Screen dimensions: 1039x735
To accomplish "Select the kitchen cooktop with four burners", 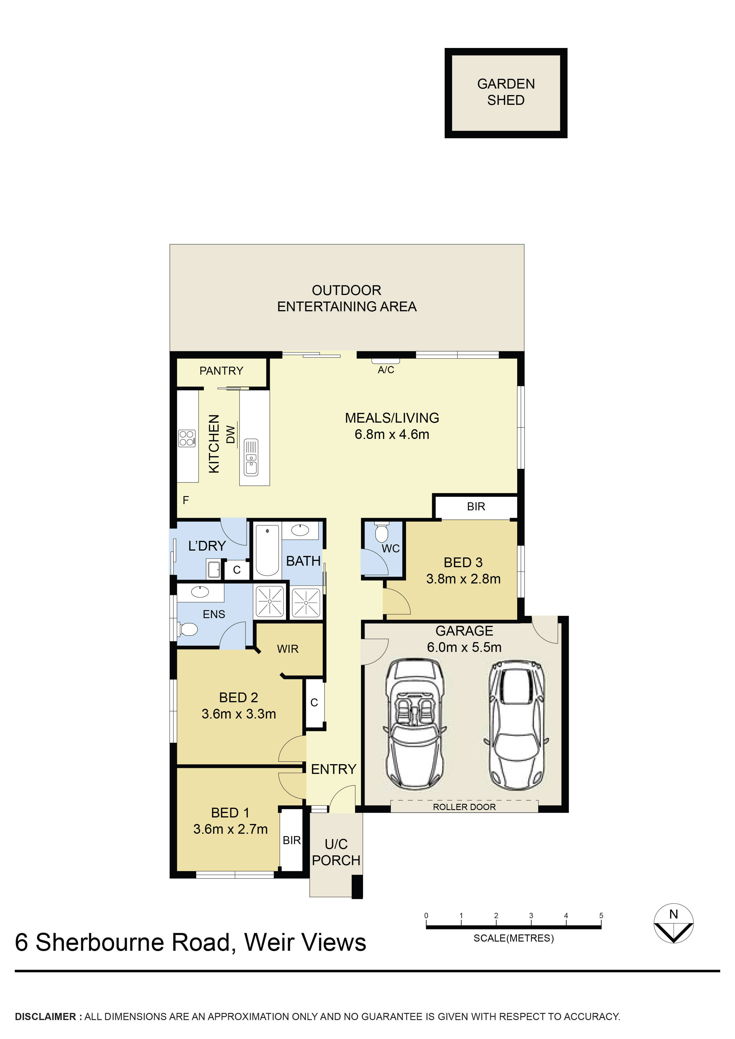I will click(187, 438).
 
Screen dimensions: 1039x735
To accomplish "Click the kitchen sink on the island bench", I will click(251, 457).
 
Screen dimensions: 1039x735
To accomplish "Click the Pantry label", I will click(221, 371).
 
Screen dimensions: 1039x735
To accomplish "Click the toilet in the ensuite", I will click(188, 629).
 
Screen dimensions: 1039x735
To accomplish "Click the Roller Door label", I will click(464, 807).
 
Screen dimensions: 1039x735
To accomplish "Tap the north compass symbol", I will click(673, 924).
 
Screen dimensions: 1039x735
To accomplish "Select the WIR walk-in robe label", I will click(287, 649).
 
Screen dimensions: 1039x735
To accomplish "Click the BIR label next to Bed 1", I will click(292, 840).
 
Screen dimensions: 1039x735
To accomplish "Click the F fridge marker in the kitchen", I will click(186, 500).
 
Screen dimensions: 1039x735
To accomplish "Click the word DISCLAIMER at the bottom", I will click(45, 1017).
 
